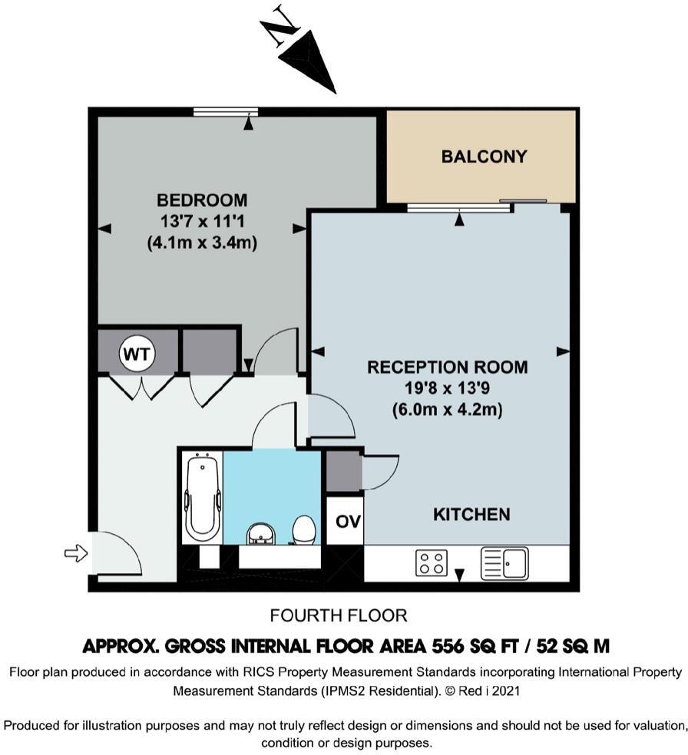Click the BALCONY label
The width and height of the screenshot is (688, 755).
coord(485,157)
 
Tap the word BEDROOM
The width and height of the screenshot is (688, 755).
coord(202,199)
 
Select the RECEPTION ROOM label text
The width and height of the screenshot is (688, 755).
coord(448,367)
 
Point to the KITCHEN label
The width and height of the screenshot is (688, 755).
coord(471,514)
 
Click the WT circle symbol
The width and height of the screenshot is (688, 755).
coord(137,354)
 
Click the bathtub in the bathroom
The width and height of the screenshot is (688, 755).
coord(203,497)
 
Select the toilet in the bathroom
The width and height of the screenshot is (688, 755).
coord(303,530)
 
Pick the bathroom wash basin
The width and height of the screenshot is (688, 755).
coord(260,535)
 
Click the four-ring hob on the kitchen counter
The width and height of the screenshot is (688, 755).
coord(432,563)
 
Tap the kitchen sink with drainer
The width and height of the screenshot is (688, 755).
coord(504,563)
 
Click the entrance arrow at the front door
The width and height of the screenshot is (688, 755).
coord(76,553)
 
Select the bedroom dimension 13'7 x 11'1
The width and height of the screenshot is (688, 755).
coord(202,221)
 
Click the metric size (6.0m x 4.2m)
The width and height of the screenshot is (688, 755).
coord(448,410)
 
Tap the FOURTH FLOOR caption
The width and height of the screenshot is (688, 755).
coord(339,615)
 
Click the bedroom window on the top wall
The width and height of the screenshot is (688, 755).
coord(226,112)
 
